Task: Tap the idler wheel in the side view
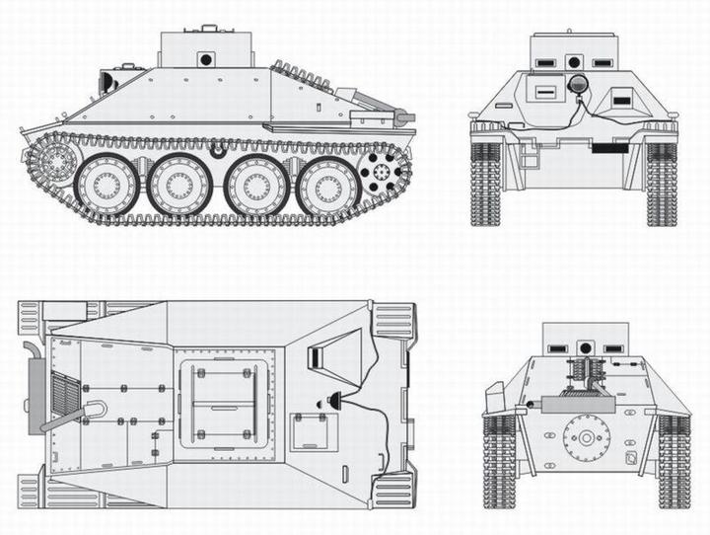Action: (x=54, y=162)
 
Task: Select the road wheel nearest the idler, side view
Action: (x=106, y=186)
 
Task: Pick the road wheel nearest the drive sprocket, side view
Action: (x=328, y=186)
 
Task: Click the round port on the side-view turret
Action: (x=206, y=59)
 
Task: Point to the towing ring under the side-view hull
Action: (x=217, y=152)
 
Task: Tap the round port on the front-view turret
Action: (x=573, y=61)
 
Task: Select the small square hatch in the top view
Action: (x=314, y=432)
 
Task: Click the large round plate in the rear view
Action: (x=587, y=436)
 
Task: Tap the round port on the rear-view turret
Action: (x=586, y=347)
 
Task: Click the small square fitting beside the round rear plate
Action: (x=631, y=457)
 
